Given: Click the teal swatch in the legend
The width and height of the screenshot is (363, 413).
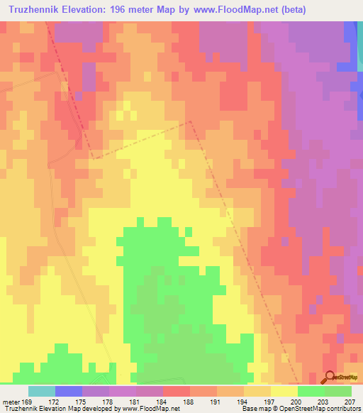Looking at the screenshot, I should coord(42,391).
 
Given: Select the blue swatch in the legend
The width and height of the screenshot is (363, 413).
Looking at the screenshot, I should coord(69,391).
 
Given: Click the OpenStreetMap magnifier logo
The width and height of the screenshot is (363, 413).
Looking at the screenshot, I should coord(330,377).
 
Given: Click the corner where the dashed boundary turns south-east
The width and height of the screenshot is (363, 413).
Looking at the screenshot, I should coord(190,121).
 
